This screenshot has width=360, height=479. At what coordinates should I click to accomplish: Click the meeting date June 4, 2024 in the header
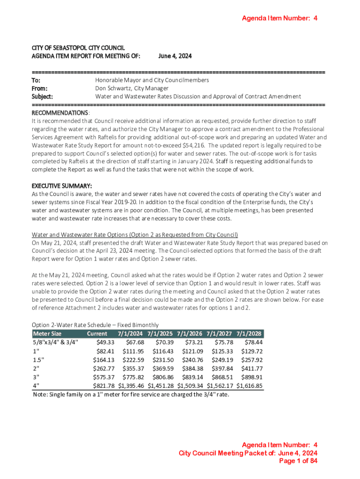coord(175,56)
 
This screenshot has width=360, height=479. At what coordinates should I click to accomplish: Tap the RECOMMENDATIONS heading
coord(59,113)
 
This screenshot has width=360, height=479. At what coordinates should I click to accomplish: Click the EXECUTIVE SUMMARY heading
coord(61,186)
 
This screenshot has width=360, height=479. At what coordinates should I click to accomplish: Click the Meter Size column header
coord(47,334)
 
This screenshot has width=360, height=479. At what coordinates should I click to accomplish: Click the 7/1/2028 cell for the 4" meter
coord(249,386)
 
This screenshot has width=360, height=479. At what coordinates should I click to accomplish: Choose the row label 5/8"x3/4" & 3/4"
coord(56,342)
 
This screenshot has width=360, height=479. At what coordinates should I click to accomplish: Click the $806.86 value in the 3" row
coord(163,377)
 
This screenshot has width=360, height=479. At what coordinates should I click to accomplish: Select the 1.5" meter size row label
coord(38,360)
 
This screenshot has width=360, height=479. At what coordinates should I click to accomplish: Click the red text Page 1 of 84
coord(298,461)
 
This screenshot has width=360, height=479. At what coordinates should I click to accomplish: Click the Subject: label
coord(42,96)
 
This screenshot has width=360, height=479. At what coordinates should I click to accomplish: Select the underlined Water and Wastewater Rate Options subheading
coord(135,234)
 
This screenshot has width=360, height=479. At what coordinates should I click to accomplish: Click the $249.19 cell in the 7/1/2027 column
coord(222,360)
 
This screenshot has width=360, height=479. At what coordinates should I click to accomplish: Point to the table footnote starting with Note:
coord(131,394)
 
